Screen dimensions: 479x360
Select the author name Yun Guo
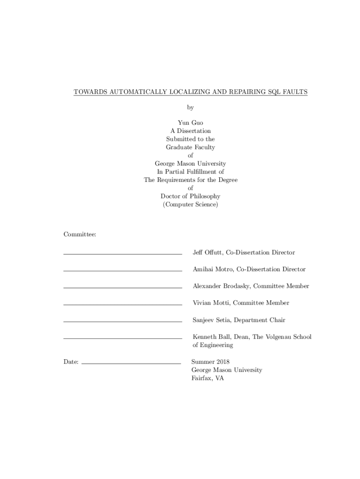click(190, 123)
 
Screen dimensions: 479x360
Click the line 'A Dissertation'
click(190, 131)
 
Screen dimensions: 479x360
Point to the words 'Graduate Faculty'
click(190, 147)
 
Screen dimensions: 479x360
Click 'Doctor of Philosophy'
click(190, 196)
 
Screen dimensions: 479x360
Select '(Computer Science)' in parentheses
click(190, 205)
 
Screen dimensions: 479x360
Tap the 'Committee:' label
click(80, 234)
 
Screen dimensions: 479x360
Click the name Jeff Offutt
click(207, 253)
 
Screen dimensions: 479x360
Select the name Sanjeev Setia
click(211, 320)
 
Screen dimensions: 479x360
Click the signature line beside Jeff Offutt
click(122, 254)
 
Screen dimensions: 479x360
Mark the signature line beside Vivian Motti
click(122, 305)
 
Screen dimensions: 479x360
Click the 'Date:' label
click(71, 362)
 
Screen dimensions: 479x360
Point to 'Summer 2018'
click(210, 362)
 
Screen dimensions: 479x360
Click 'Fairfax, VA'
click(208, 378)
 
